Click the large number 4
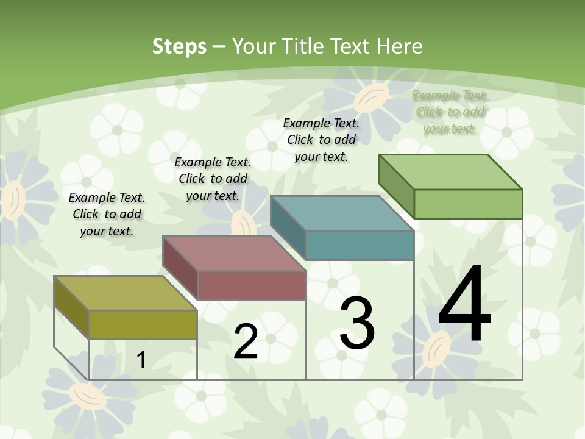coord(464,304)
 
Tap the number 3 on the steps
coord(357,323)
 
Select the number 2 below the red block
coord(246,341)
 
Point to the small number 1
coord(141,360)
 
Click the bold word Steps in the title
coord(179,46)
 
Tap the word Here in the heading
coord(400,46)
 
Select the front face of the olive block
coord(143,324)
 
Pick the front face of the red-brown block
coord(252,285)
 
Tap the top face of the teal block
coord(341,213)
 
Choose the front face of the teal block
coord(360,245)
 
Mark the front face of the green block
coord(468,204)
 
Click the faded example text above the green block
coord(450,112)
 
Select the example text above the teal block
coord(321,140)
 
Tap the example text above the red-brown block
coord(213,179)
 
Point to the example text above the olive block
coord(107,214)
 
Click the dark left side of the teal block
coord(288,226)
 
